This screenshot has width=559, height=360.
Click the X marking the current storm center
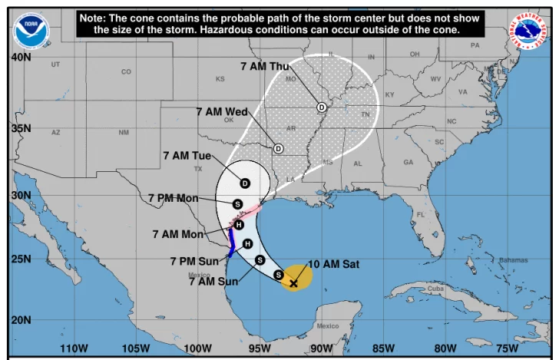(293, 283)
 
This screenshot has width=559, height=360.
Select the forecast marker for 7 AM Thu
(322, 107)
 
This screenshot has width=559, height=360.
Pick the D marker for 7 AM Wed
(278, 148)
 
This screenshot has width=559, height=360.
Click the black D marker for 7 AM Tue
(245, 183)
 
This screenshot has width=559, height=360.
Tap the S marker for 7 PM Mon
(238, 204)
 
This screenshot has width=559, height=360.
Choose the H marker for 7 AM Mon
(239, 225)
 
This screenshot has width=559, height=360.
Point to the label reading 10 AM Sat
(334, 264)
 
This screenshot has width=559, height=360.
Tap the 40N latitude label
(21, 58)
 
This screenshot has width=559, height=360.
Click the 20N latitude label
(21, 320)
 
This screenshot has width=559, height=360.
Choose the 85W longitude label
(383, 348)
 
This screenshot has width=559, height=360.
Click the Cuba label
(435, 289)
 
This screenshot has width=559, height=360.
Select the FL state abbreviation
(420, 214)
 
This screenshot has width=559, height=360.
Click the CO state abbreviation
(126, 72)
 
